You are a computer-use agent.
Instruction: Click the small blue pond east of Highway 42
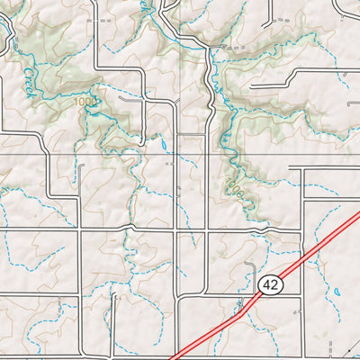[336, 292]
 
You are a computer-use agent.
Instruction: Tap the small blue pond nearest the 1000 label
[164, 142]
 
